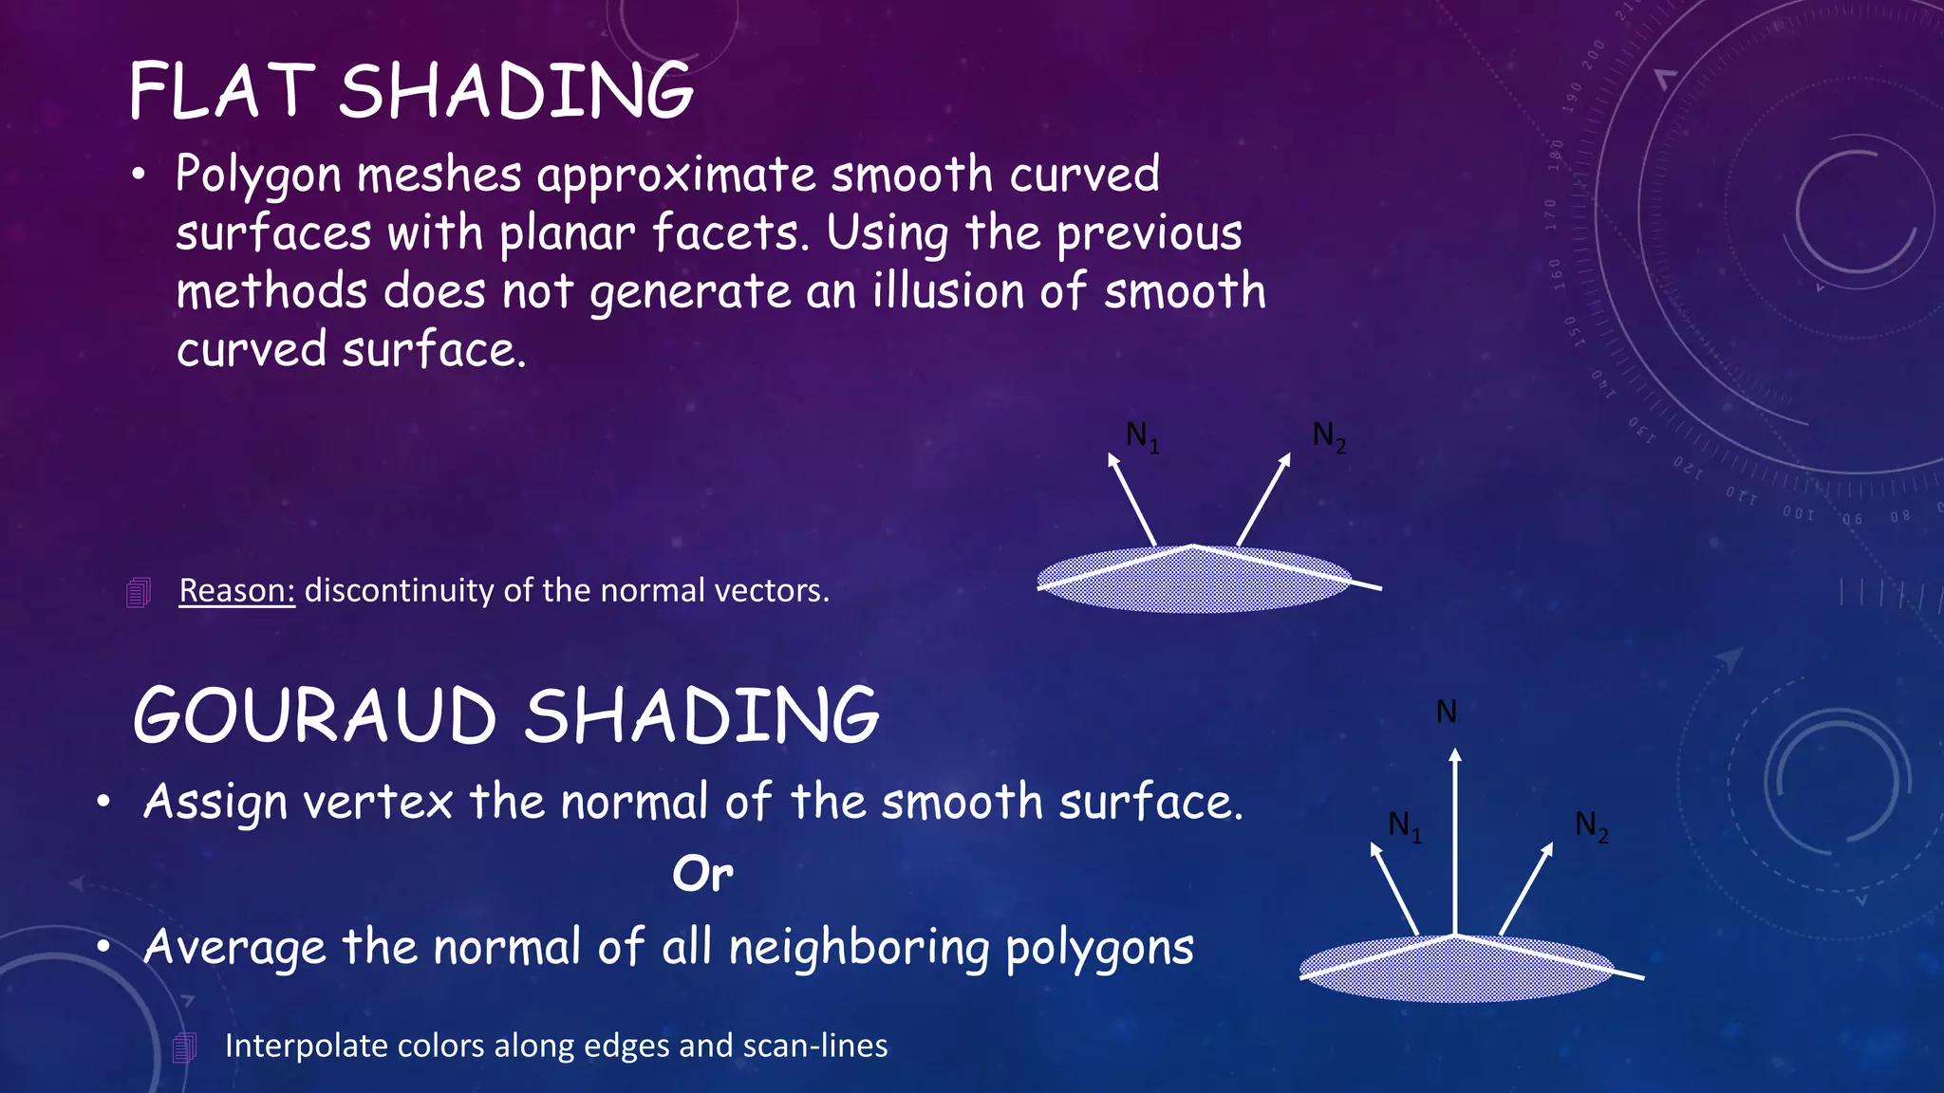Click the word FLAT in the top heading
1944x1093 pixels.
tap(221, 91)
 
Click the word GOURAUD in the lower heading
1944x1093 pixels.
tap(314, 716)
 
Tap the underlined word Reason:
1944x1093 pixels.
tap(237, 591)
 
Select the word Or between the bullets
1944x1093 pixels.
tap(702, 874)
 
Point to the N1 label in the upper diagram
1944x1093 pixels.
tap(1142, 436)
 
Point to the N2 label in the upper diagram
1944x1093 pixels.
tap(1329, 436)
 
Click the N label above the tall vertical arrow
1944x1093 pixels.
tap(1446, 712)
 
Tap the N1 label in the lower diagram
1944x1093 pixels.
tap(1404, 825)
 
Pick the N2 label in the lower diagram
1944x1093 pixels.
tap(1591, 825)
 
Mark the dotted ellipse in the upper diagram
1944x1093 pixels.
tap(1193, 580)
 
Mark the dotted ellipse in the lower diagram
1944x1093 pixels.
tap(1456, 970)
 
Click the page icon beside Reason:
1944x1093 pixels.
tap(139, 593)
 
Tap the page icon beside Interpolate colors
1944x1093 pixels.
tap(185, 1047)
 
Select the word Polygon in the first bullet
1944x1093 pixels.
tap(258, 176)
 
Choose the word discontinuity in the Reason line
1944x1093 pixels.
tap(399, 591)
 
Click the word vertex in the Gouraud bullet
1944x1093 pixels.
tap(378, 803)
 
